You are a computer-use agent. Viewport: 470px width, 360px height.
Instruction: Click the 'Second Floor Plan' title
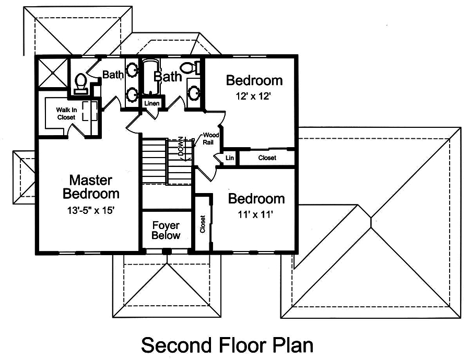coord(227,345)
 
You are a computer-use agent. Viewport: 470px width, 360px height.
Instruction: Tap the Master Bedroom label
coord(91,187)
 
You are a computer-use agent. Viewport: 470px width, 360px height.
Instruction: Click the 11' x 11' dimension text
coord(251,214)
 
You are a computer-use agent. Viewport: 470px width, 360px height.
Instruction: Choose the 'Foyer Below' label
coord(166,231)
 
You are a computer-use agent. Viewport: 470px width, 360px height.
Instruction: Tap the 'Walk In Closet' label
coord(66,114)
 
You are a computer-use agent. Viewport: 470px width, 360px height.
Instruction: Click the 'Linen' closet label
coord(151,104)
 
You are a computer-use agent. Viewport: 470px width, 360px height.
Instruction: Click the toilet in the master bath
coord(80,83)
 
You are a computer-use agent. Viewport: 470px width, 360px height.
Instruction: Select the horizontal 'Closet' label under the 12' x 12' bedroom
coord(267,158)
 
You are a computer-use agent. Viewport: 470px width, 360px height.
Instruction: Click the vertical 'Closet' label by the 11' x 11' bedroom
coord(203,224)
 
